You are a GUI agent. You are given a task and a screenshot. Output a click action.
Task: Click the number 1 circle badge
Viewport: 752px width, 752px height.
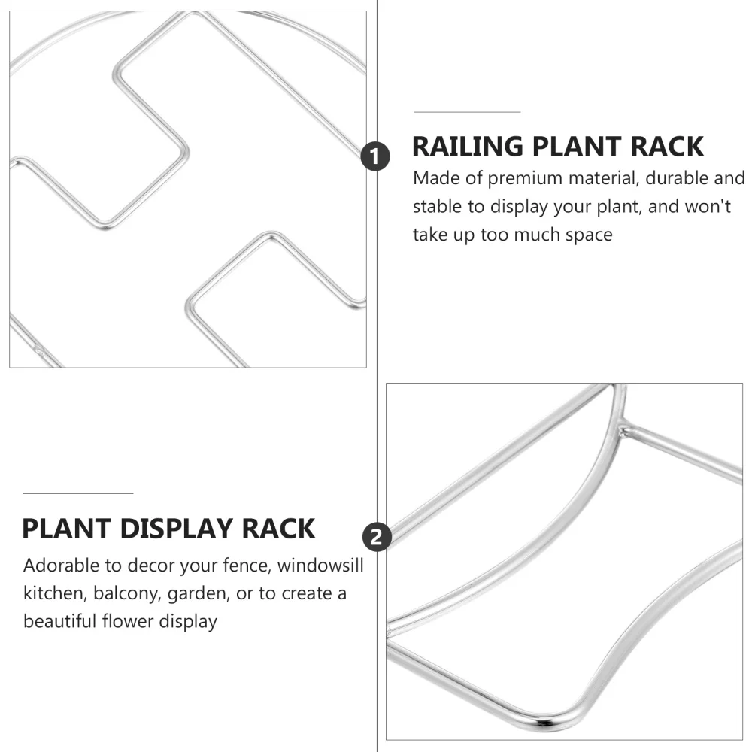pyautogui.click(x=376, y=157)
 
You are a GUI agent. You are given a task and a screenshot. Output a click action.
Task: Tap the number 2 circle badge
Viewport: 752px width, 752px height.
pyautogui.click(x=376, y=537)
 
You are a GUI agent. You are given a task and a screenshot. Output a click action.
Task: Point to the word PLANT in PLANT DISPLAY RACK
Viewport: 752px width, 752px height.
pyautogui.click(x=65, y=529)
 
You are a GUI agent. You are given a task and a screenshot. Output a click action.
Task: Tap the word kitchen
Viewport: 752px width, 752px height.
pyautogui.click(x=53, y=593)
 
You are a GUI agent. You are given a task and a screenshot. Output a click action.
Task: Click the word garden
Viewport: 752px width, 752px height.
pyautogui.click(x=197, y=593)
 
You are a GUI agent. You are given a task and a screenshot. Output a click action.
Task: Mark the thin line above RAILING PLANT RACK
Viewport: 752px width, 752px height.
pyautogui.click(x=467, y=112)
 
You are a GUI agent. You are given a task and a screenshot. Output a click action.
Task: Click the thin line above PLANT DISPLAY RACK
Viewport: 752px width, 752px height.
pyautogui.click(x=77, y=493)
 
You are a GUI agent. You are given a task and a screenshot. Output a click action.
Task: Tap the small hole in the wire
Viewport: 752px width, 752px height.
pyautogui.click(x=38, y=349)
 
